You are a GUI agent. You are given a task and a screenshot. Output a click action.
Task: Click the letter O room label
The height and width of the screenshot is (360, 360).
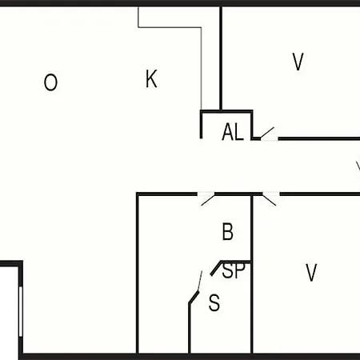(50, 82)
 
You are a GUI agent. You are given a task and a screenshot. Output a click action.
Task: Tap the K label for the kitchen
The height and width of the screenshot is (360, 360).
(151, 78)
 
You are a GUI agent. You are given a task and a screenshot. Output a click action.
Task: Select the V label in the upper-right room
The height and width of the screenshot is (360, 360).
(298, 62)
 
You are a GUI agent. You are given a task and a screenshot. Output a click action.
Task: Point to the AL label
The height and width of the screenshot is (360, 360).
(233, 132)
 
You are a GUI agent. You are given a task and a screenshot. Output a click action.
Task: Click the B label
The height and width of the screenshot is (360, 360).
(227, 232)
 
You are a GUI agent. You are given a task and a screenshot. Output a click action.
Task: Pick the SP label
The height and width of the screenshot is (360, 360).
(234, 270)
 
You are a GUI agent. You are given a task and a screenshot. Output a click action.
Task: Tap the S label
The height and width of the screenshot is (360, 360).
(214, 302)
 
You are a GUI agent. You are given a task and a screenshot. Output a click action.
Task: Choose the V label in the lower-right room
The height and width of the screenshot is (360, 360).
(311, 272)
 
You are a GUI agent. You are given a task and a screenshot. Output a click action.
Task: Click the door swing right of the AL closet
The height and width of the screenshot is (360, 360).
(267, 133)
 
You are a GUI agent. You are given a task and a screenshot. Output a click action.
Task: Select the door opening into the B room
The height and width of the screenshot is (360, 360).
(208, 200)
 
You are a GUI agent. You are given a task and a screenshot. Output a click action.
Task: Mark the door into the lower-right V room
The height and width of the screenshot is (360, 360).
(270, 200)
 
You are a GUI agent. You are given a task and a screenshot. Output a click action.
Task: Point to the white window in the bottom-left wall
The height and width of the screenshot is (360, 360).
(21, 311)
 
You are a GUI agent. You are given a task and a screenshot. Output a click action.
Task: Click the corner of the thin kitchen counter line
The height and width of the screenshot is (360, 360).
(201, 27)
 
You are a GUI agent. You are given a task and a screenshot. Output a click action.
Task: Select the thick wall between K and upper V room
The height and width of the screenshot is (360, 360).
(221, 58)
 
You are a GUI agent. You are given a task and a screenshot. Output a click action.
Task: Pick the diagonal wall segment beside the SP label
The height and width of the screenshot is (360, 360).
(216, 268)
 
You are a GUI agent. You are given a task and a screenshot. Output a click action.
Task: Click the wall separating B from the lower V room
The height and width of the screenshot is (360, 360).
(251, 274)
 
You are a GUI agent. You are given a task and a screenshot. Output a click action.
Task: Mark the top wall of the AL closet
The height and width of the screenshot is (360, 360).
(226, 111)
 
